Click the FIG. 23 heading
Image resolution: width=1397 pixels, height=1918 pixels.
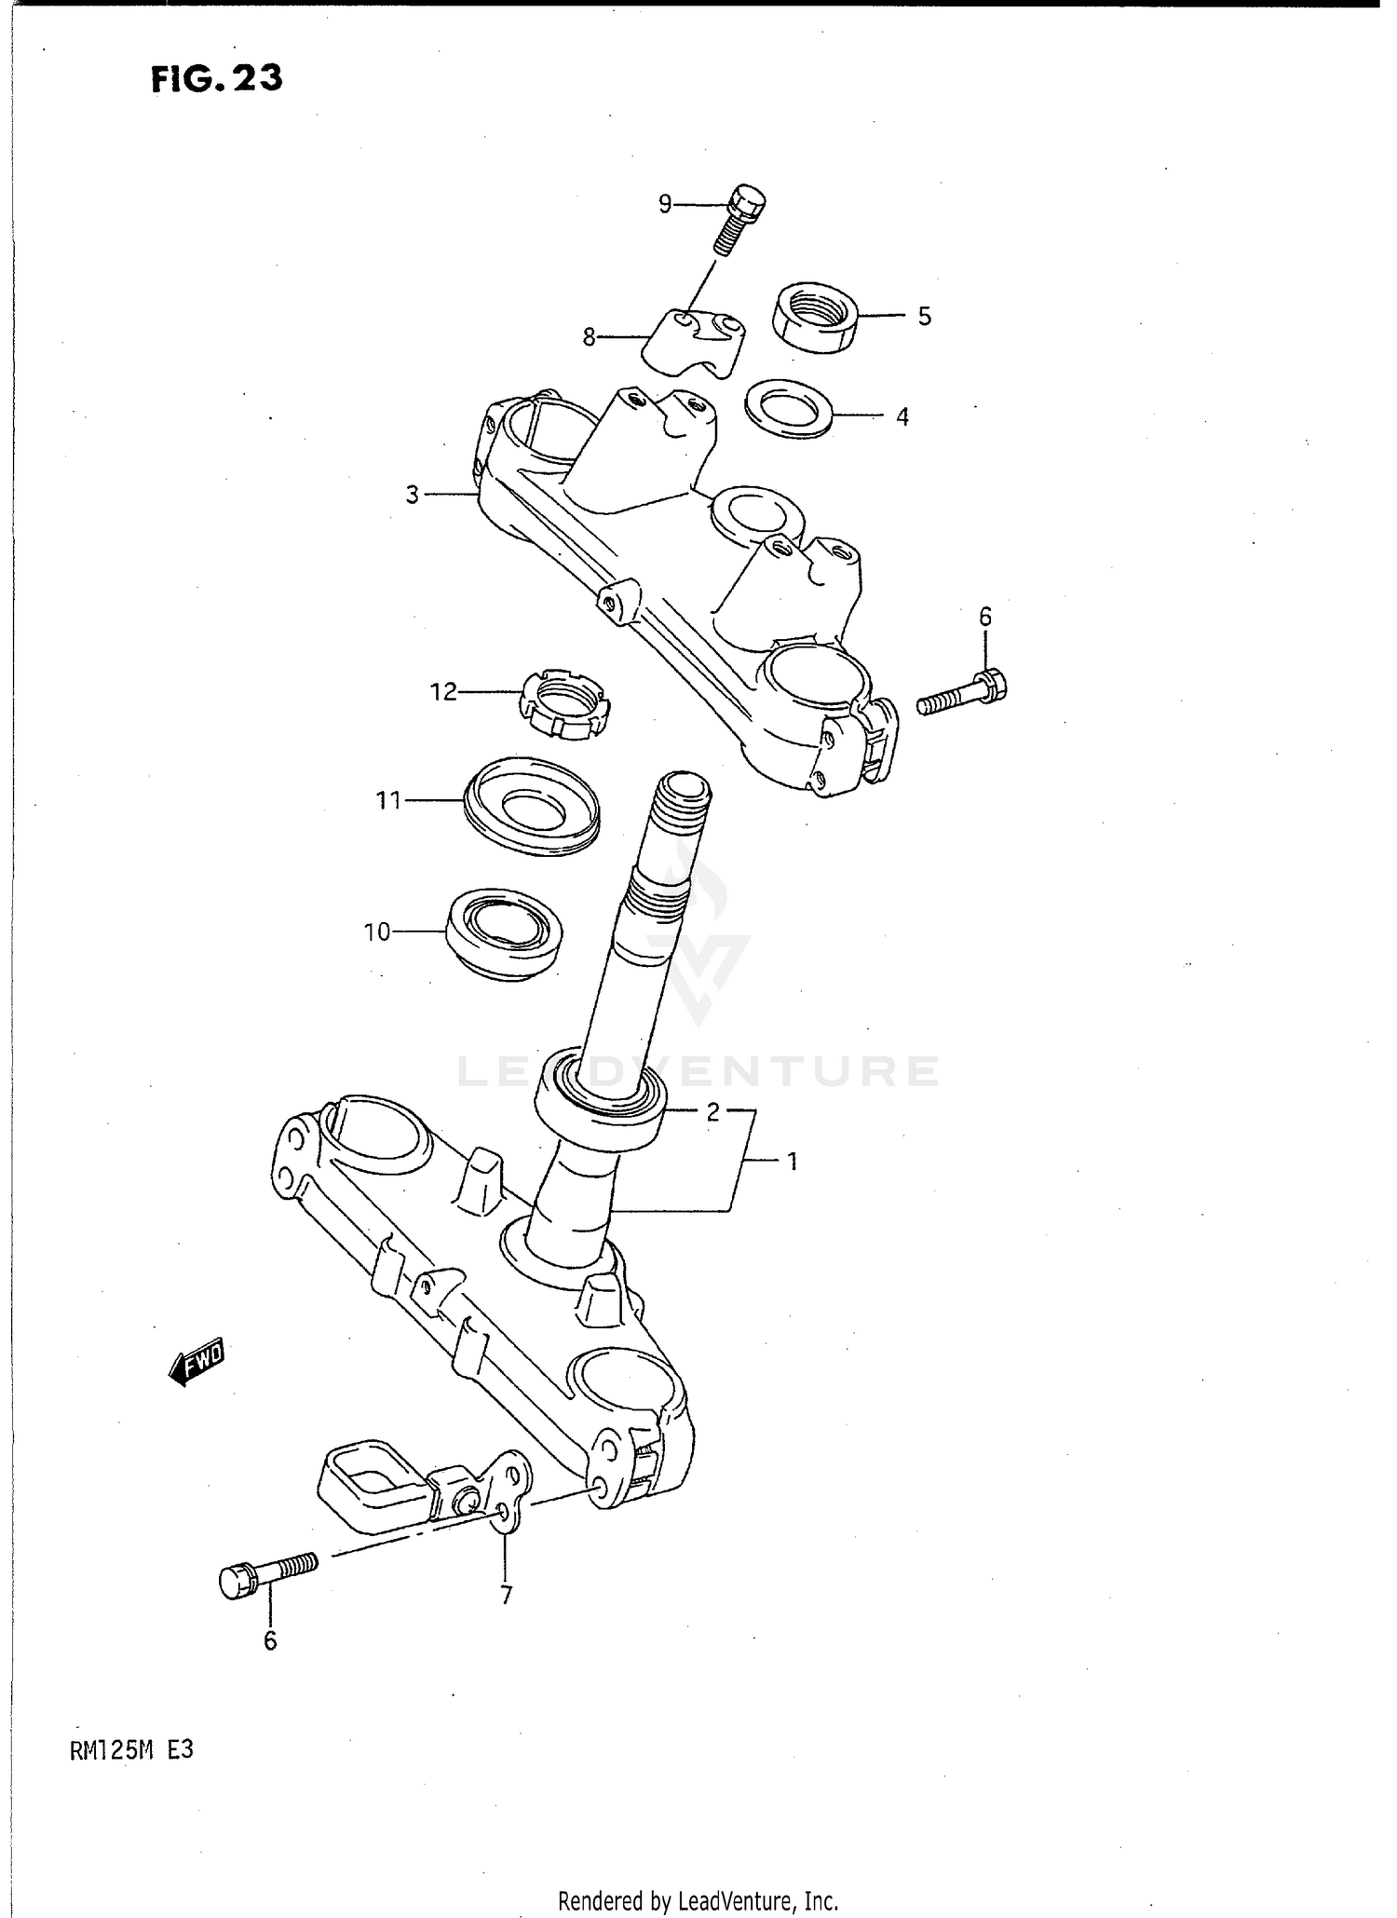pos(216,79)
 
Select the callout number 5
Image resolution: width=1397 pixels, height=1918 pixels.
pos(924,317)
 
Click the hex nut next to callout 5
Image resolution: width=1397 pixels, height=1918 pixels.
pos(816,318)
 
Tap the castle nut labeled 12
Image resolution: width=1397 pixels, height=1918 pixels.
pos(565,704)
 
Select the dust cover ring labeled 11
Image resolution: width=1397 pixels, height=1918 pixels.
pos(532,803)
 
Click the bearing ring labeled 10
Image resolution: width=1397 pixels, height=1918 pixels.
pos(504,932)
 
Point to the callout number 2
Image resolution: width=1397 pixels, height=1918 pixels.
pos(712,1111)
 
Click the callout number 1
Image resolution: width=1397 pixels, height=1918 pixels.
pos(793,1161)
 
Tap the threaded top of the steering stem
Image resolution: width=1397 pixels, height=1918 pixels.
pos(682,801)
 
